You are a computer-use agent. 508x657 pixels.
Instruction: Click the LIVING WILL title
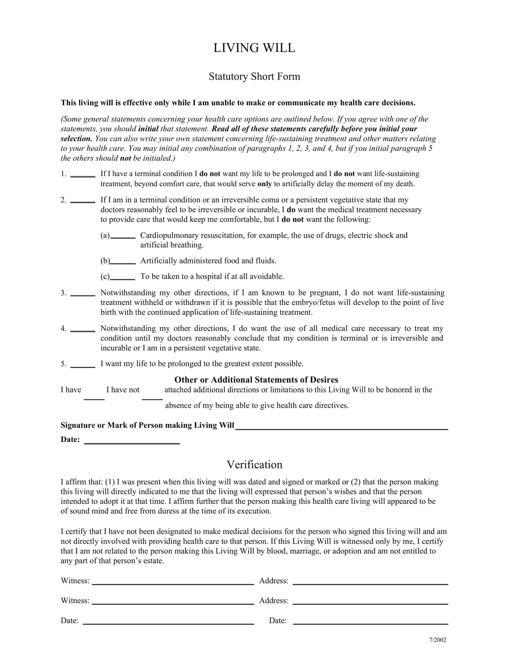tap(254, 48)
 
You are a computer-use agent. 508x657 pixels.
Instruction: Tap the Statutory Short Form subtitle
tap(254, 76)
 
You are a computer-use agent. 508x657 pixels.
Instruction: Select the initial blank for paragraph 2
tap(83, 201)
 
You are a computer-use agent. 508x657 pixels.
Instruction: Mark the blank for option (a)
tap(123, 237)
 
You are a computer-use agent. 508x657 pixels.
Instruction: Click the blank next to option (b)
tap(123, 262)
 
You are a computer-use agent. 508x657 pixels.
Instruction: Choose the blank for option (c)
tap(123, 278)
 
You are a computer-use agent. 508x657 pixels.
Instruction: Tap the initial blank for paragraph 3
tap(83, 294)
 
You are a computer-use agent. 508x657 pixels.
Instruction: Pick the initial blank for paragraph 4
tap(83, 329)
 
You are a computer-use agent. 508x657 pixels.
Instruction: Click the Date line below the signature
tap(132, 441)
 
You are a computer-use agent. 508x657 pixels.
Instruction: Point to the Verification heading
tap(254, 464)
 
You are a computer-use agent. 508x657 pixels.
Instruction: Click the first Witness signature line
tap(173, 582)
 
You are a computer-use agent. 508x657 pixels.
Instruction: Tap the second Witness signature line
tap(173, 602)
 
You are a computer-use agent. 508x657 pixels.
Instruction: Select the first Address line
tap(370, 582)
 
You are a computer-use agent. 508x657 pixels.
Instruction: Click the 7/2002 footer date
tap(437, 640)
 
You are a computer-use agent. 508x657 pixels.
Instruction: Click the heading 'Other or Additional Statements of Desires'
tap(256, 380)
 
